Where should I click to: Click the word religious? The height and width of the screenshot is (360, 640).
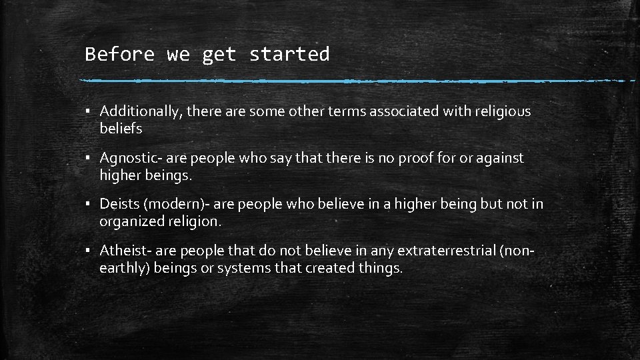[502, 111]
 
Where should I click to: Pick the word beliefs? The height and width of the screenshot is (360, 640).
[121, 129]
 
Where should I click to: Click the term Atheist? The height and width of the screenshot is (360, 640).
[123, 251]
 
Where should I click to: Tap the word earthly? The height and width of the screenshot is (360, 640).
[124, 268]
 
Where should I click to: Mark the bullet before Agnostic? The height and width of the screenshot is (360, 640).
[87, 159]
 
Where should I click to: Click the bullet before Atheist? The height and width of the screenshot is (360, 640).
[87, 251]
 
